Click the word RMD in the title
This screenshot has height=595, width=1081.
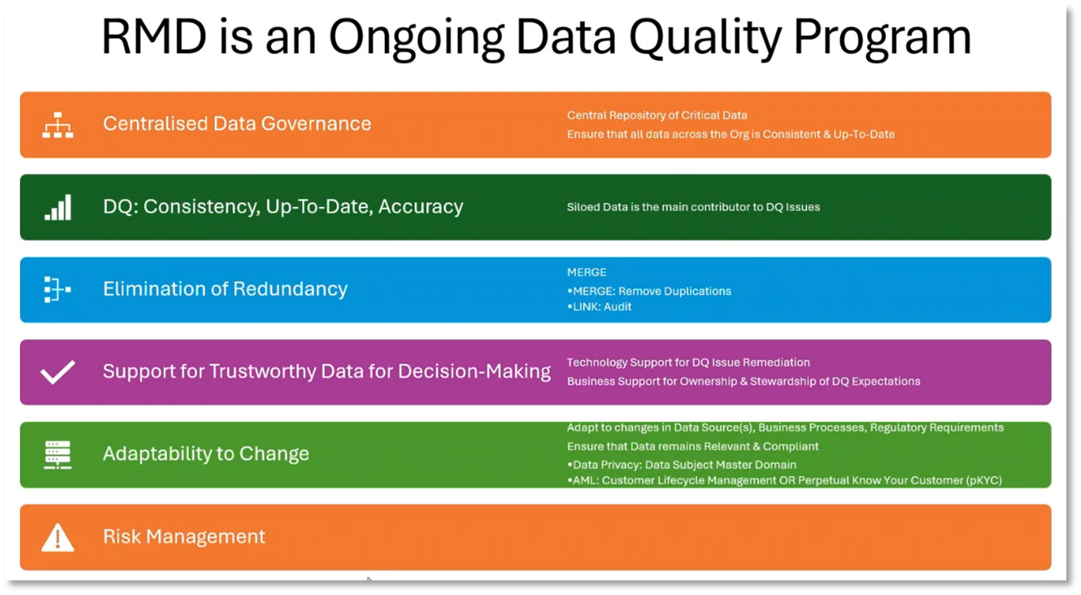(x=154, y=37)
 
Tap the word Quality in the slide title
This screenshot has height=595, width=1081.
(x=704, y=39)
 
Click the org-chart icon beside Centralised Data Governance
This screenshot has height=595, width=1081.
(x=58, y=125)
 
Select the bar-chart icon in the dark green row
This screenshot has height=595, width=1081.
(x=58, y=208)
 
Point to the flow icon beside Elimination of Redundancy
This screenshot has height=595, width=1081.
(x=58, y=289)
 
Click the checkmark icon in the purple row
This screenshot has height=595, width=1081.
(x=58, y=372)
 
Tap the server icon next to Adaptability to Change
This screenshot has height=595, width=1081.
(x=58, y=455)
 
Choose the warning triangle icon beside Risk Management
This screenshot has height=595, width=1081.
(x=58, y=537)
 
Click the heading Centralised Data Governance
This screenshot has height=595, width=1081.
(x=237, y=123)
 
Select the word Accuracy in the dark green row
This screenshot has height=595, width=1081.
(x=420, y=206)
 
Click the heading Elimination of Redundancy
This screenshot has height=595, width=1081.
(x=225, y=289)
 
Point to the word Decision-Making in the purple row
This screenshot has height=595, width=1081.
(x=474, y=371)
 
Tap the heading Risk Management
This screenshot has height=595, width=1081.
(x=184, y=537)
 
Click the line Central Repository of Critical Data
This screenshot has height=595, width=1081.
(x=657, y=115)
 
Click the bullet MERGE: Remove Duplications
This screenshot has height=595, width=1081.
(x=649, y=291)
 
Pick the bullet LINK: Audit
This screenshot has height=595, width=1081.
(x=599, y=307)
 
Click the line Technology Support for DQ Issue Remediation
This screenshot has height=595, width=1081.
(x=688, y=363)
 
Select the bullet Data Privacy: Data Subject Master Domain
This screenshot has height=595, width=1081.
(x=681, y=465)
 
